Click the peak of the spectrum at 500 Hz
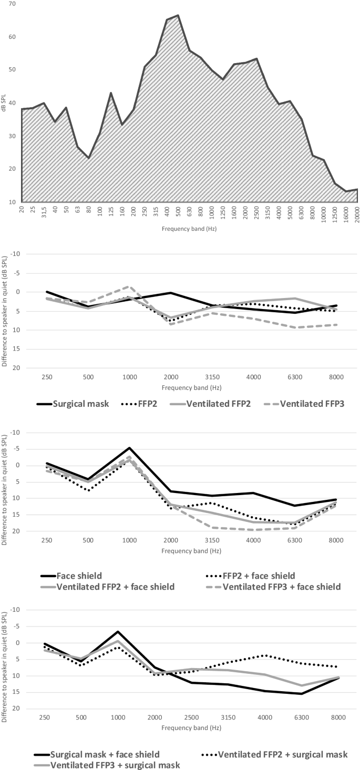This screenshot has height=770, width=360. [178, 15]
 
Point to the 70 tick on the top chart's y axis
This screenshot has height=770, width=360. [12, 4]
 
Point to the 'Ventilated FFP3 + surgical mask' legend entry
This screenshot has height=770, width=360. [116, 765]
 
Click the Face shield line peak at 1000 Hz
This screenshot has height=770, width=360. [129, 448]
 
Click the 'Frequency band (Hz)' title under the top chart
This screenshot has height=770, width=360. [190, 229]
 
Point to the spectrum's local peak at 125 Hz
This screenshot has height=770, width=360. [111, 93]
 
